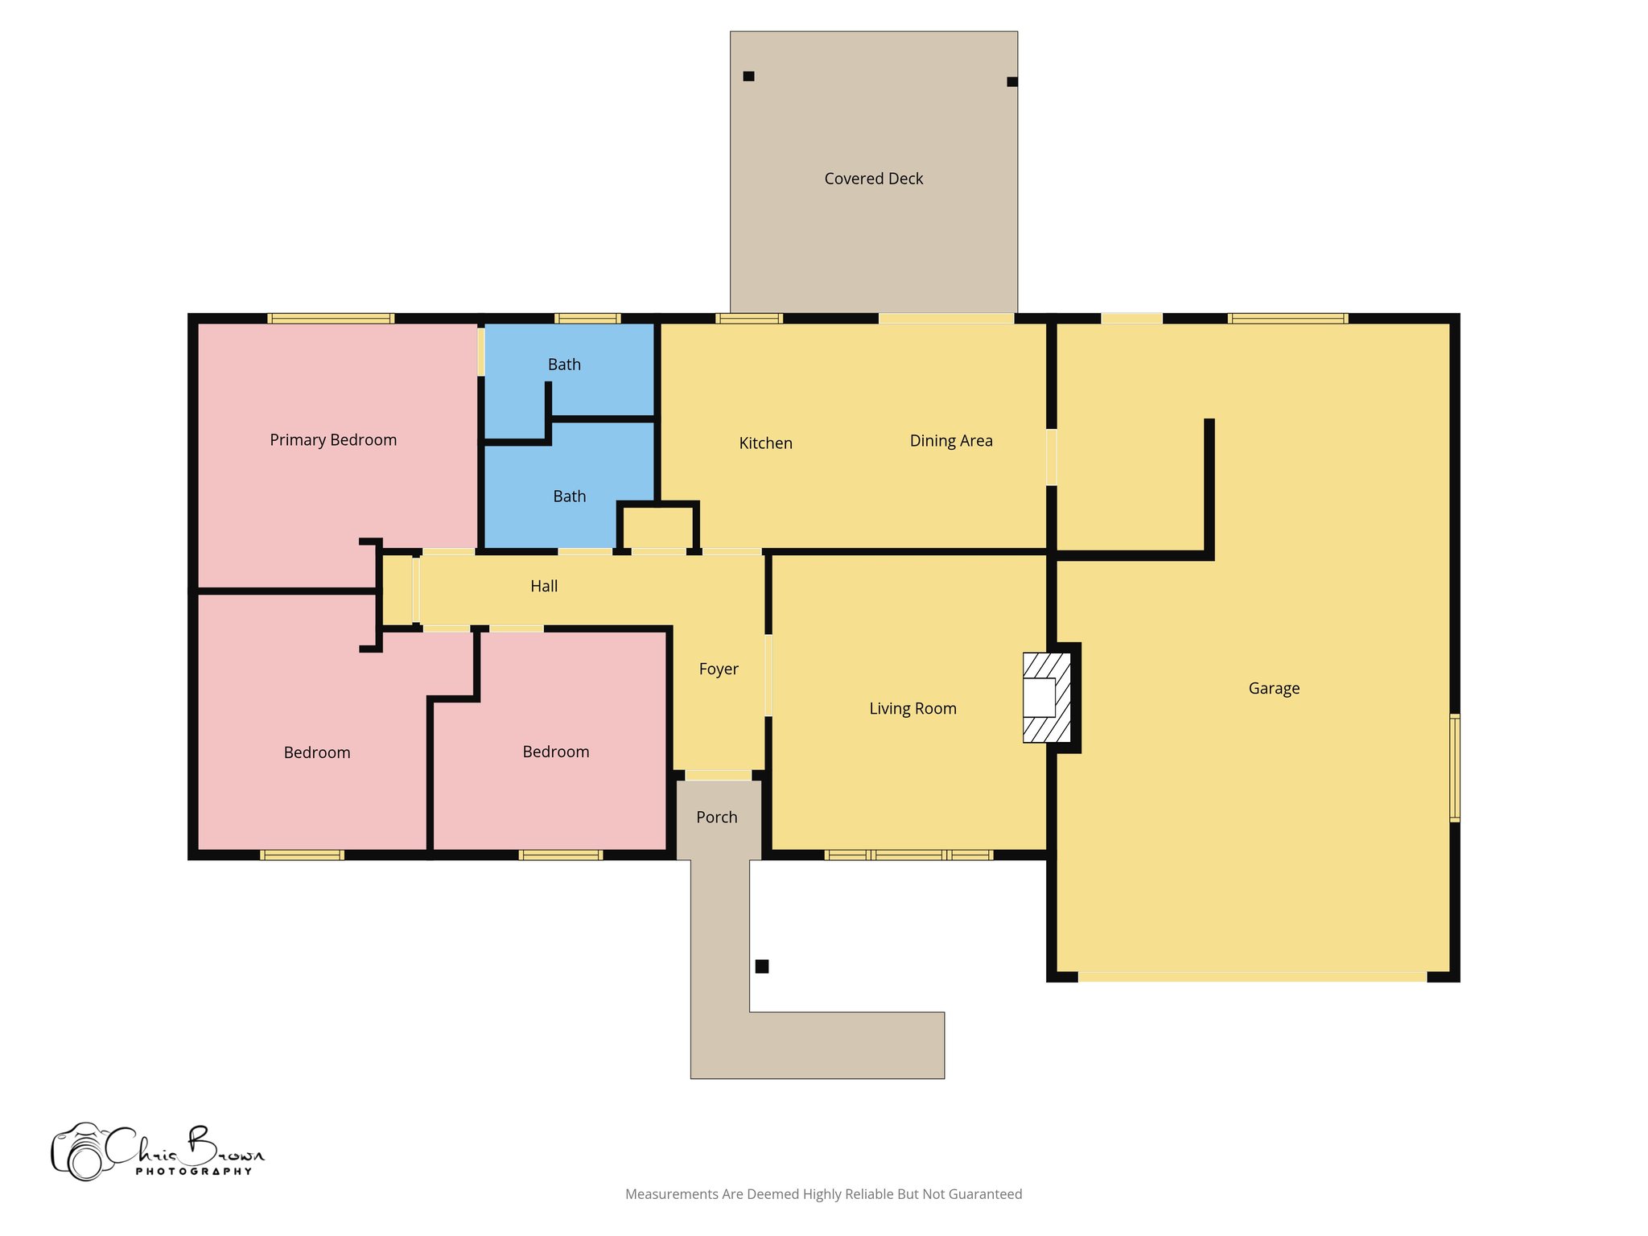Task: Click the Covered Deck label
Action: [873, 179]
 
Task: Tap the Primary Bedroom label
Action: [333, 440]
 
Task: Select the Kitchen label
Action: [766, 443]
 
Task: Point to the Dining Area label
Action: [951, 441]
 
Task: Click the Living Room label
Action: [913, 709]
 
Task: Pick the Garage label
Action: [1274, 688]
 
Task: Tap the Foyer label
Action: [719, 669]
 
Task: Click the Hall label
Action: [544, 587]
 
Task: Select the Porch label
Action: [717, 818]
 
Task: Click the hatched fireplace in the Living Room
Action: [1046, 697]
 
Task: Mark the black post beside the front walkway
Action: [762, 966]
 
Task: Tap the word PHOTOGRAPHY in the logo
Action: [194, 1172]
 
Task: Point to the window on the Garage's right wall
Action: [1455, 768]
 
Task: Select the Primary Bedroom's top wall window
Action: [331, 319]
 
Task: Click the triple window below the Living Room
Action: [909, 855]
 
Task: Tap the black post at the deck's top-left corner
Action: [748, 76]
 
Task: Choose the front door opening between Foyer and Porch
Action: [719, 776]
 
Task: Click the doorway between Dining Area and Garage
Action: [1051, 457]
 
